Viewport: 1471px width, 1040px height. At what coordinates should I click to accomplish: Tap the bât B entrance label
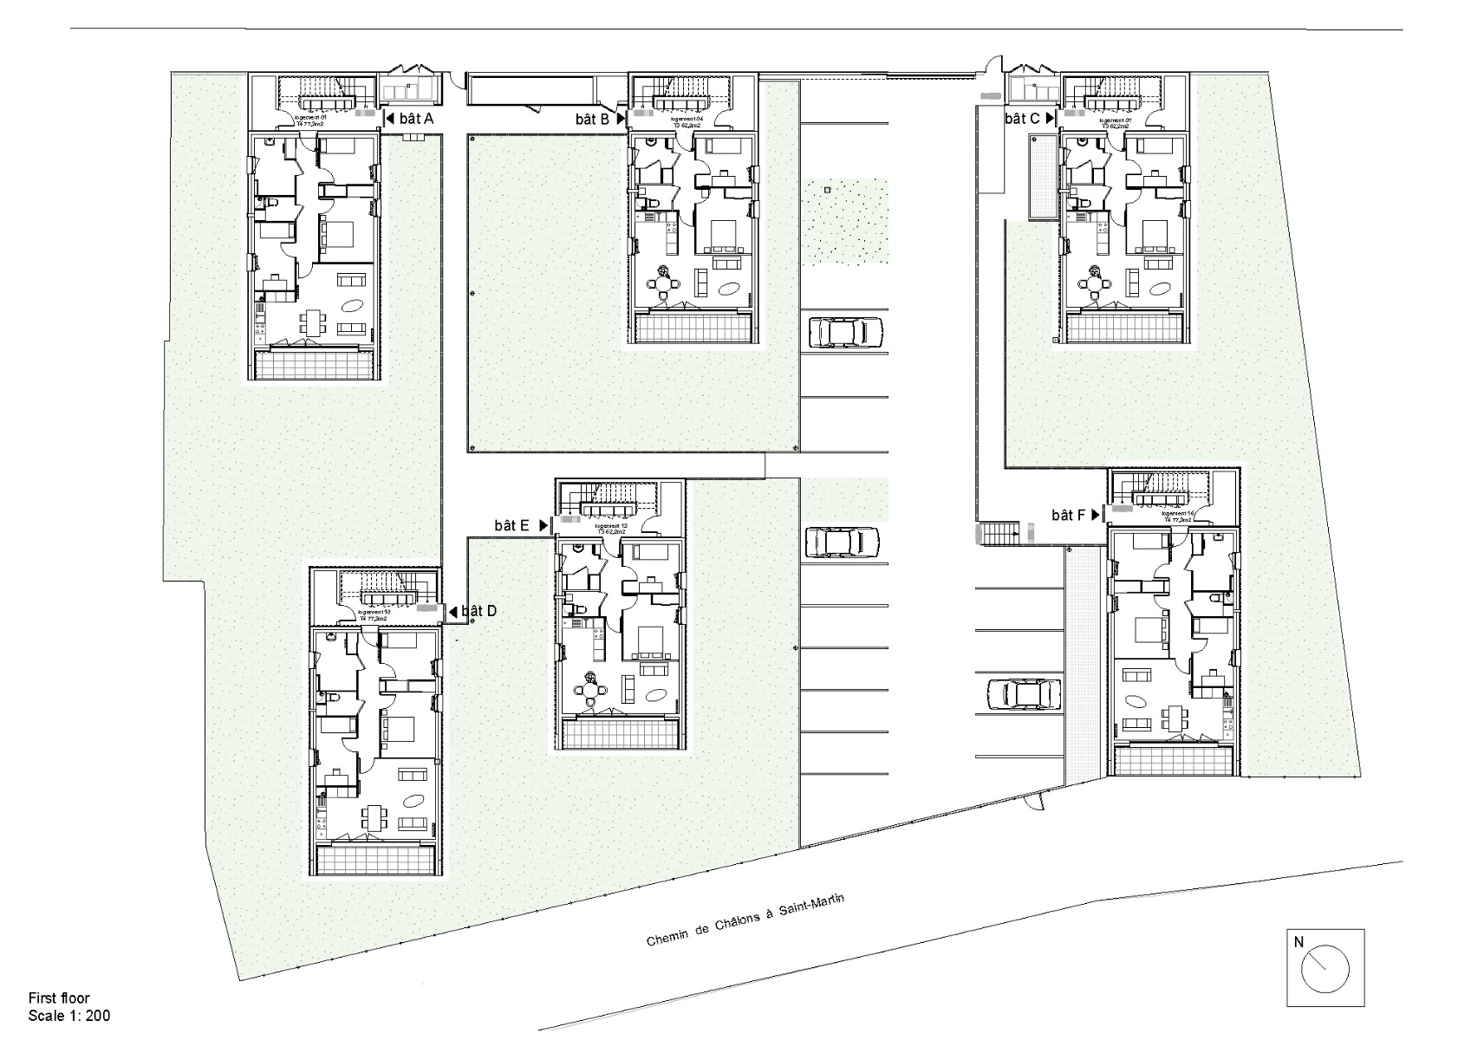tap(592, 120)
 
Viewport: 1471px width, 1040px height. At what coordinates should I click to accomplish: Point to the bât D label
tap(478, 611)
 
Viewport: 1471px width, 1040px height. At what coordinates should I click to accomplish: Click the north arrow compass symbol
tap(1325, 967)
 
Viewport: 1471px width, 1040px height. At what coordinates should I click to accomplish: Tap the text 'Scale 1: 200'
tap(69, 1016)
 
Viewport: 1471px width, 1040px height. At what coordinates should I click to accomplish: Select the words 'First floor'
tap(59, 998)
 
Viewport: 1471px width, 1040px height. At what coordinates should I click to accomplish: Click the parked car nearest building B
tap(845, 333)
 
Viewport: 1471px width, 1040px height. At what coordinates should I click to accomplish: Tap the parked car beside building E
tap(842, 543)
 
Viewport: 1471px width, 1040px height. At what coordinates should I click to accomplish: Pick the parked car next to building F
tap(1025, 694)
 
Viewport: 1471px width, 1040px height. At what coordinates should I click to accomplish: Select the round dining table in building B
tap(664, 283)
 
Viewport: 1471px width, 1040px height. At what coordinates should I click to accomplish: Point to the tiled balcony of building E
tap(621, 733)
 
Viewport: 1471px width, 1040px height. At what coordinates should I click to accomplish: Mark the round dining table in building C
tap(1096, 283)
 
